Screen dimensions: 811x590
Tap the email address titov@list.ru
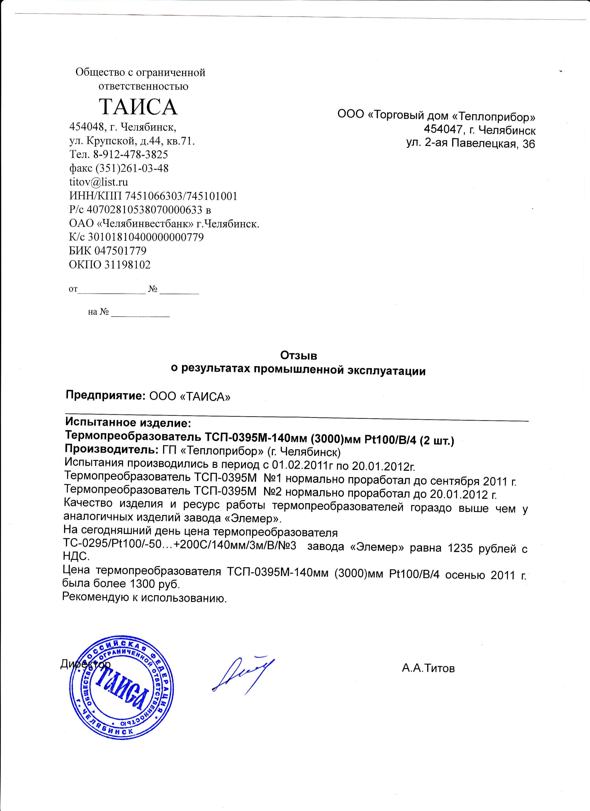click(98, 182)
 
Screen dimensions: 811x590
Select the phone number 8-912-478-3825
click(131, 154)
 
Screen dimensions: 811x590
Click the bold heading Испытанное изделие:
click(128, 423)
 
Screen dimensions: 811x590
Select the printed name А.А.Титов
click(428, 668)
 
